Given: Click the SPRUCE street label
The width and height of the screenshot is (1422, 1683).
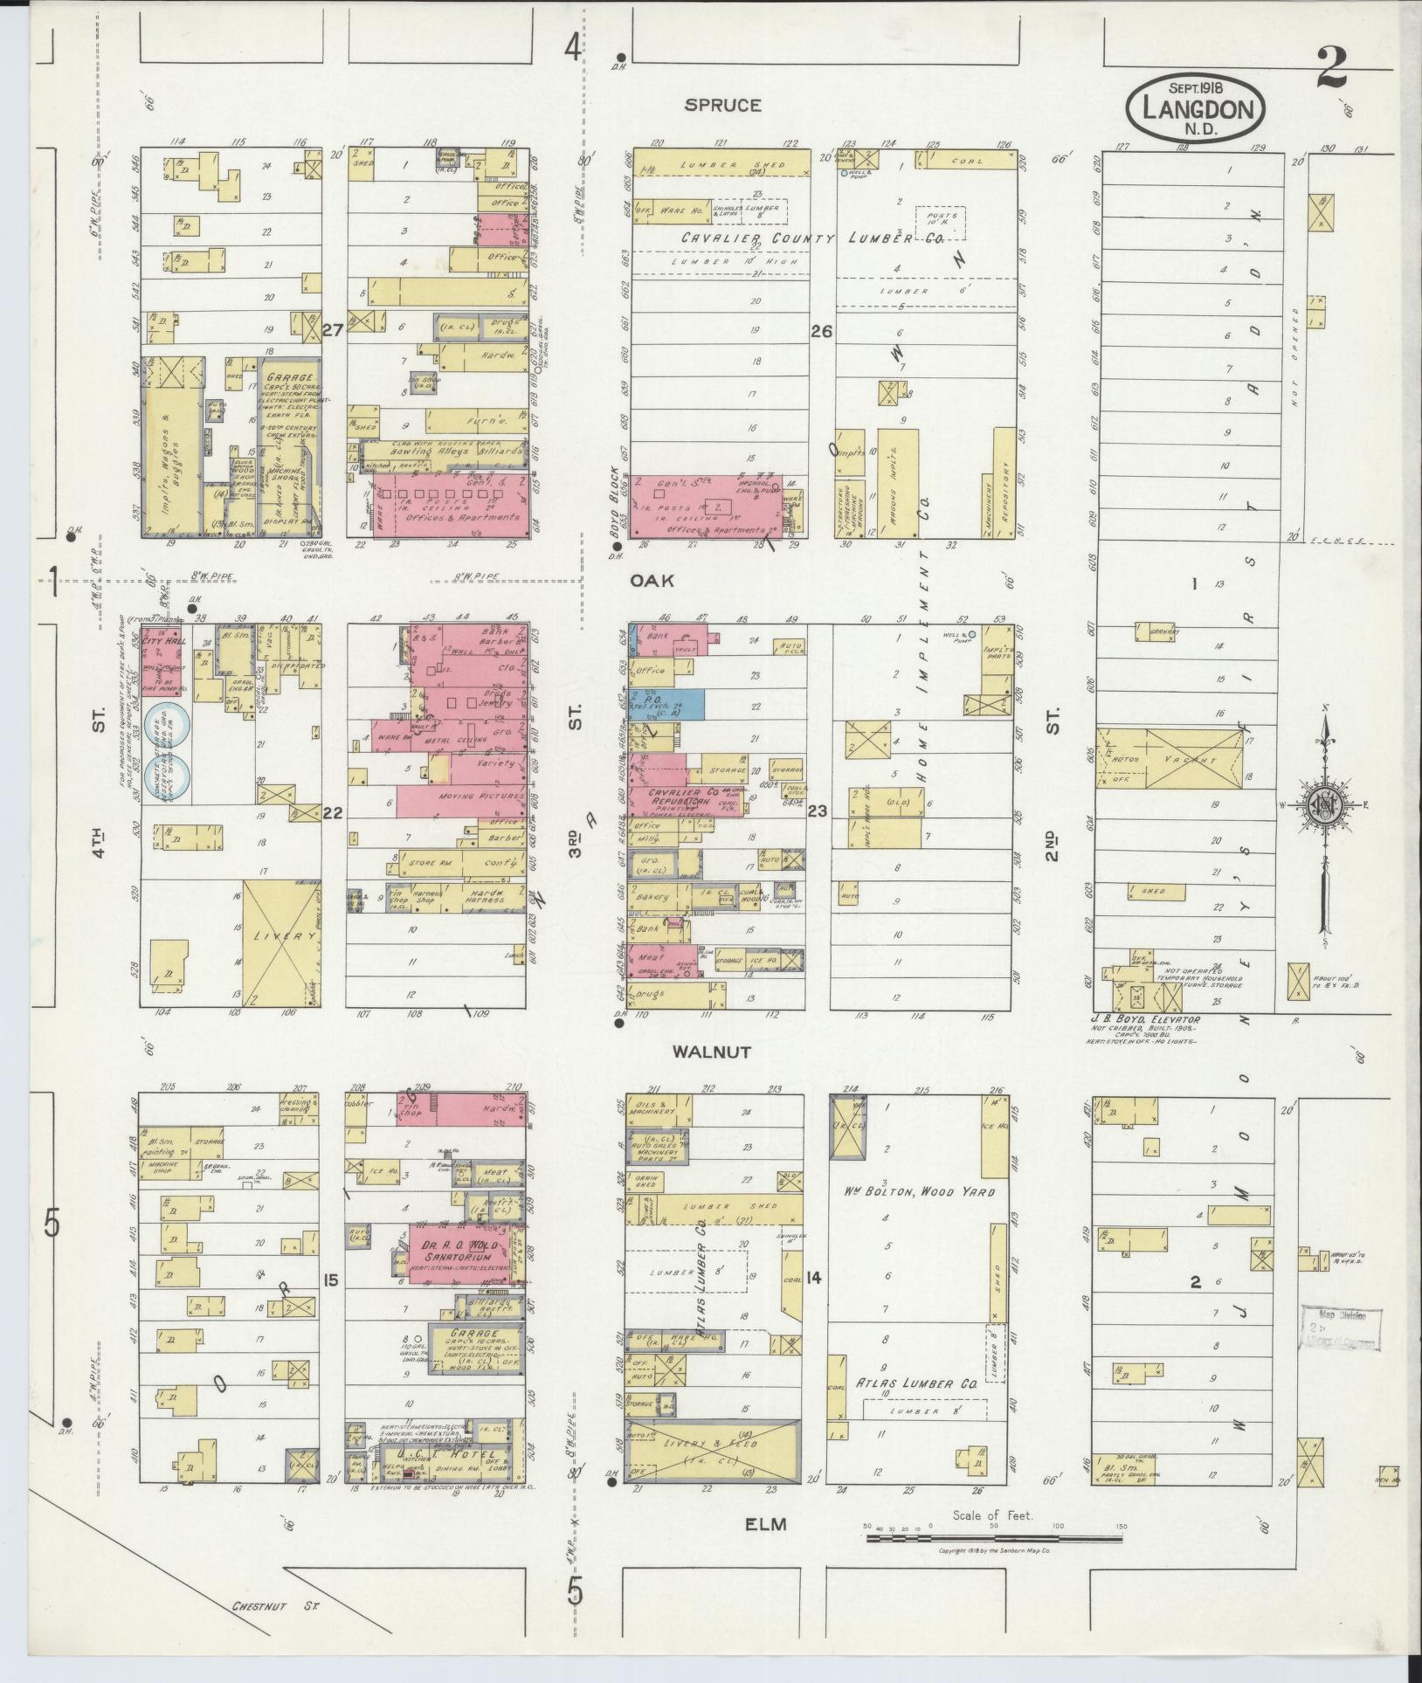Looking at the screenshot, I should pos(722,106).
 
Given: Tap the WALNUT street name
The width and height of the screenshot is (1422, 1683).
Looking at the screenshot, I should pos(712,1052).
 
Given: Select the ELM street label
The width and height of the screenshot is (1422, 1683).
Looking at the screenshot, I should pos(765,1524).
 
